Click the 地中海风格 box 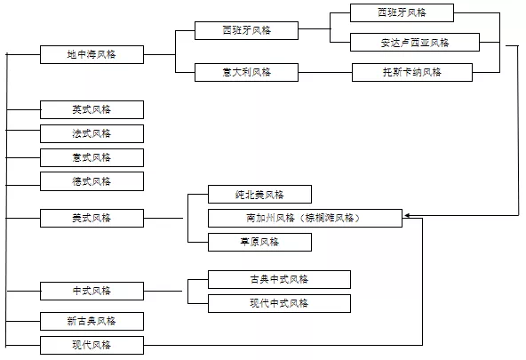click(92, 55)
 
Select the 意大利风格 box click(247, 72)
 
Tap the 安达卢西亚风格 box click(415, 43)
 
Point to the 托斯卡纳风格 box click(412, 72)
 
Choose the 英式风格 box click(92, 109)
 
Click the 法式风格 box click(92, 133)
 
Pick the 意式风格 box click(92, 157)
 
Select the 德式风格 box click(92, 181)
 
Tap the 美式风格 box click(92, 218)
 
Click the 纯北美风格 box click(260, 195)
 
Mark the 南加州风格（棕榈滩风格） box click(306, 218)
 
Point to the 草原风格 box click(260, 242)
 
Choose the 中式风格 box click(92, 291)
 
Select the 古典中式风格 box click(279, 279)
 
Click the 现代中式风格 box click(279, 304)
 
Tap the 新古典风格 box click(92, 321)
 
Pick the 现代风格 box click(92, 345)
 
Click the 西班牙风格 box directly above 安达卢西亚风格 click(402, 12)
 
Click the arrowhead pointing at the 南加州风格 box click(407, 216)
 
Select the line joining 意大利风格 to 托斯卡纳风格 click(325, 72)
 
